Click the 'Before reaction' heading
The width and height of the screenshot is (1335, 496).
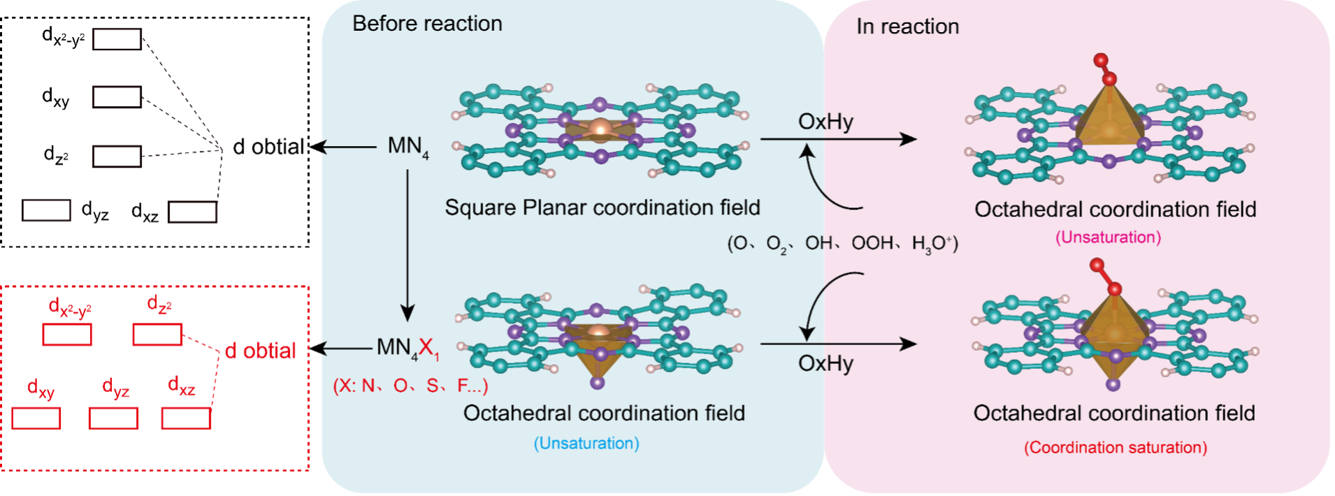coord(427,24)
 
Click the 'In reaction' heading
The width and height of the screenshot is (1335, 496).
coord(907,27)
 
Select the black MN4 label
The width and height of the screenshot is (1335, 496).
coord(407,146)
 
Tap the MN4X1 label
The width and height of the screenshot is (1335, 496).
coord(407,348)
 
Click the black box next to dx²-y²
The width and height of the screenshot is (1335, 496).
coord(117,39)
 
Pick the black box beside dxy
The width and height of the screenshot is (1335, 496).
coord(117,97)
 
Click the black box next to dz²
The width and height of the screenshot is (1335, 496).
coord(117,156)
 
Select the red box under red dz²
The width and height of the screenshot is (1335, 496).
coord(157,335)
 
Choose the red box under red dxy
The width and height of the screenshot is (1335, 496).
coord(36,418)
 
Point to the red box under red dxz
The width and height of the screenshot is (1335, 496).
coord(186,418)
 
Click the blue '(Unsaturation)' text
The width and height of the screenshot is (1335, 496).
coord(586,444)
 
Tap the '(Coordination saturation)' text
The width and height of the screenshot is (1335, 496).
coord(1116,448)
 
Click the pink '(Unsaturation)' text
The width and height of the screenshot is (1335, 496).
coord(1108,238)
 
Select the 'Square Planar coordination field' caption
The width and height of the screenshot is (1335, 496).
coord(602,207)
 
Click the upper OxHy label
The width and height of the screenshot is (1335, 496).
coord(825,122)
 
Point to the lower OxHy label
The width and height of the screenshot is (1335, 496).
coord(825,363)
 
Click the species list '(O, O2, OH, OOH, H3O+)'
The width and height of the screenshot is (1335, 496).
coord(842,244)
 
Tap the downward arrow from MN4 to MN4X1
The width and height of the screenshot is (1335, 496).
coord(407,245)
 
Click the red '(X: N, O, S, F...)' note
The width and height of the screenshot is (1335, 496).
coord(410,386)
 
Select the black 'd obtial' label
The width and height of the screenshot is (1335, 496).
coord(268,147)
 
